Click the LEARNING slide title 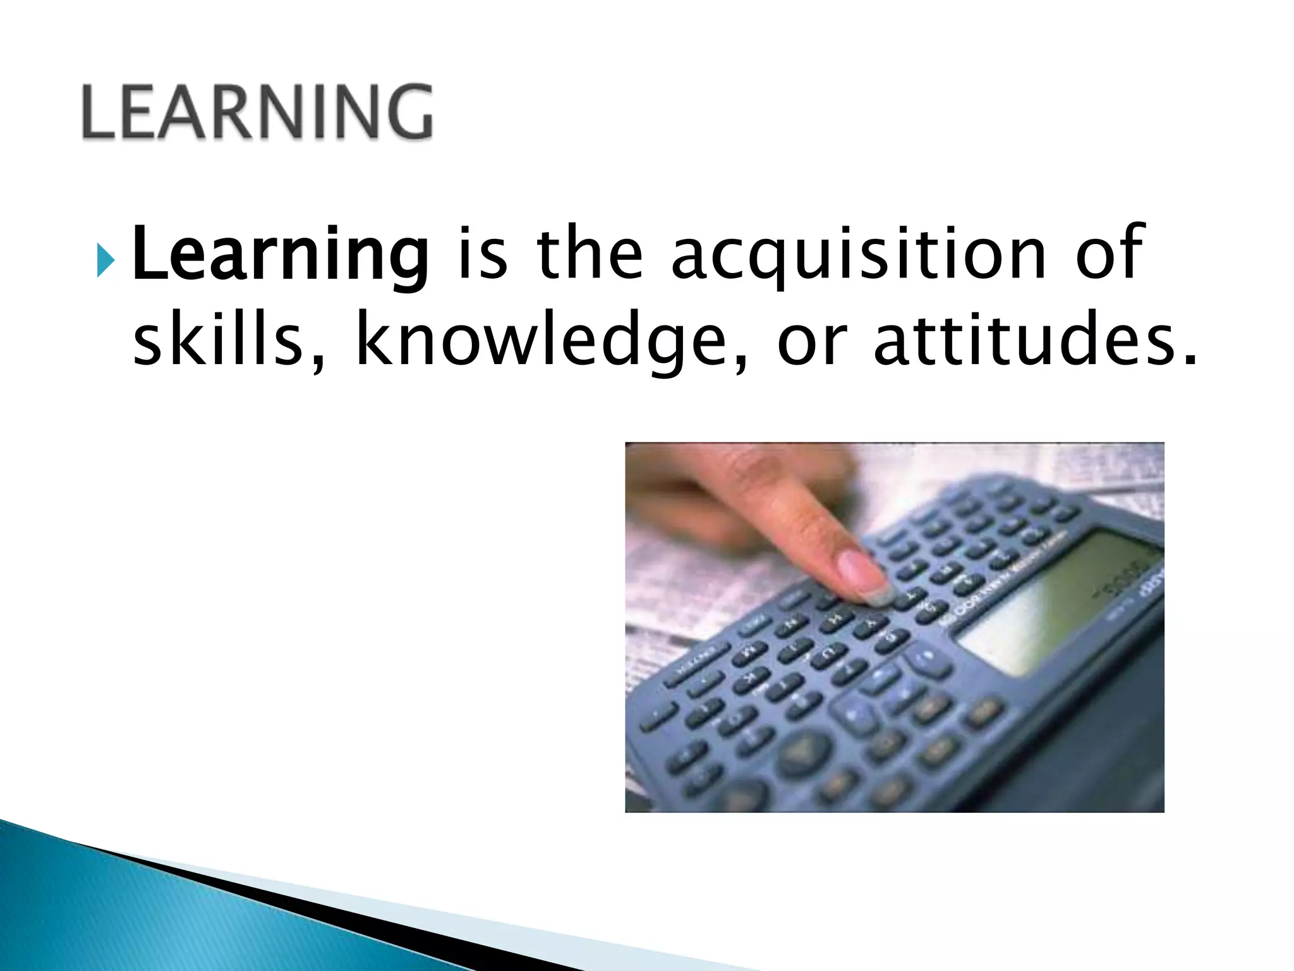tap(258, 112)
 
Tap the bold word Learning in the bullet tap(280, 254)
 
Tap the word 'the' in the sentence tap(590, 254)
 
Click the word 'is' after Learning tap(482, 254)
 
